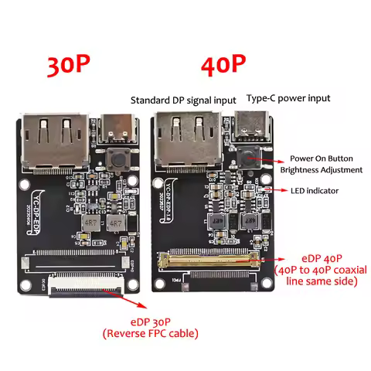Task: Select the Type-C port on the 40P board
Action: tap(252, 124)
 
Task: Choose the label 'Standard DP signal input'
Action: tap(184, 100)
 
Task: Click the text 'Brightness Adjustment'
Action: tap(322, 169)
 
